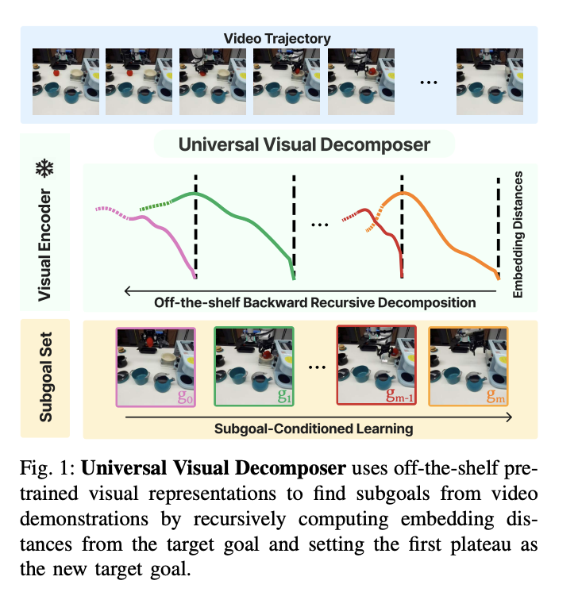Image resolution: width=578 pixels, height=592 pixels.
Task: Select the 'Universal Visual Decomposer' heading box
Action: tap(304, 144)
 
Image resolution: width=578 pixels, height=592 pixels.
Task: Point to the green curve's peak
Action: tap(195, 193)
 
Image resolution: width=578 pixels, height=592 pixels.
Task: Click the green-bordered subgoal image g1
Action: tap(253, 366)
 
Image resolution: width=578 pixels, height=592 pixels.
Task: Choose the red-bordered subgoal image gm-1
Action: tap(376, 366)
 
